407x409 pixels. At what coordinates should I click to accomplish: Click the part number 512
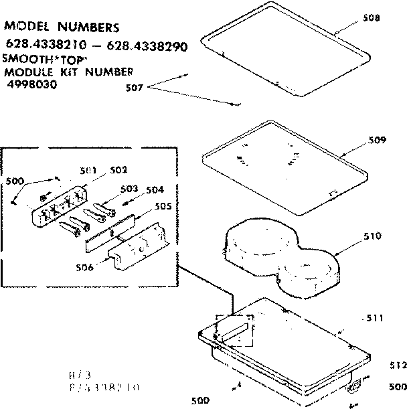398,365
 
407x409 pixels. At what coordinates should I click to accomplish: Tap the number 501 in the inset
88,170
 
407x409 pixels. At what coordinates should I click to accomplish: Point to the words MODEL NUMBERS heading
62,27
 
